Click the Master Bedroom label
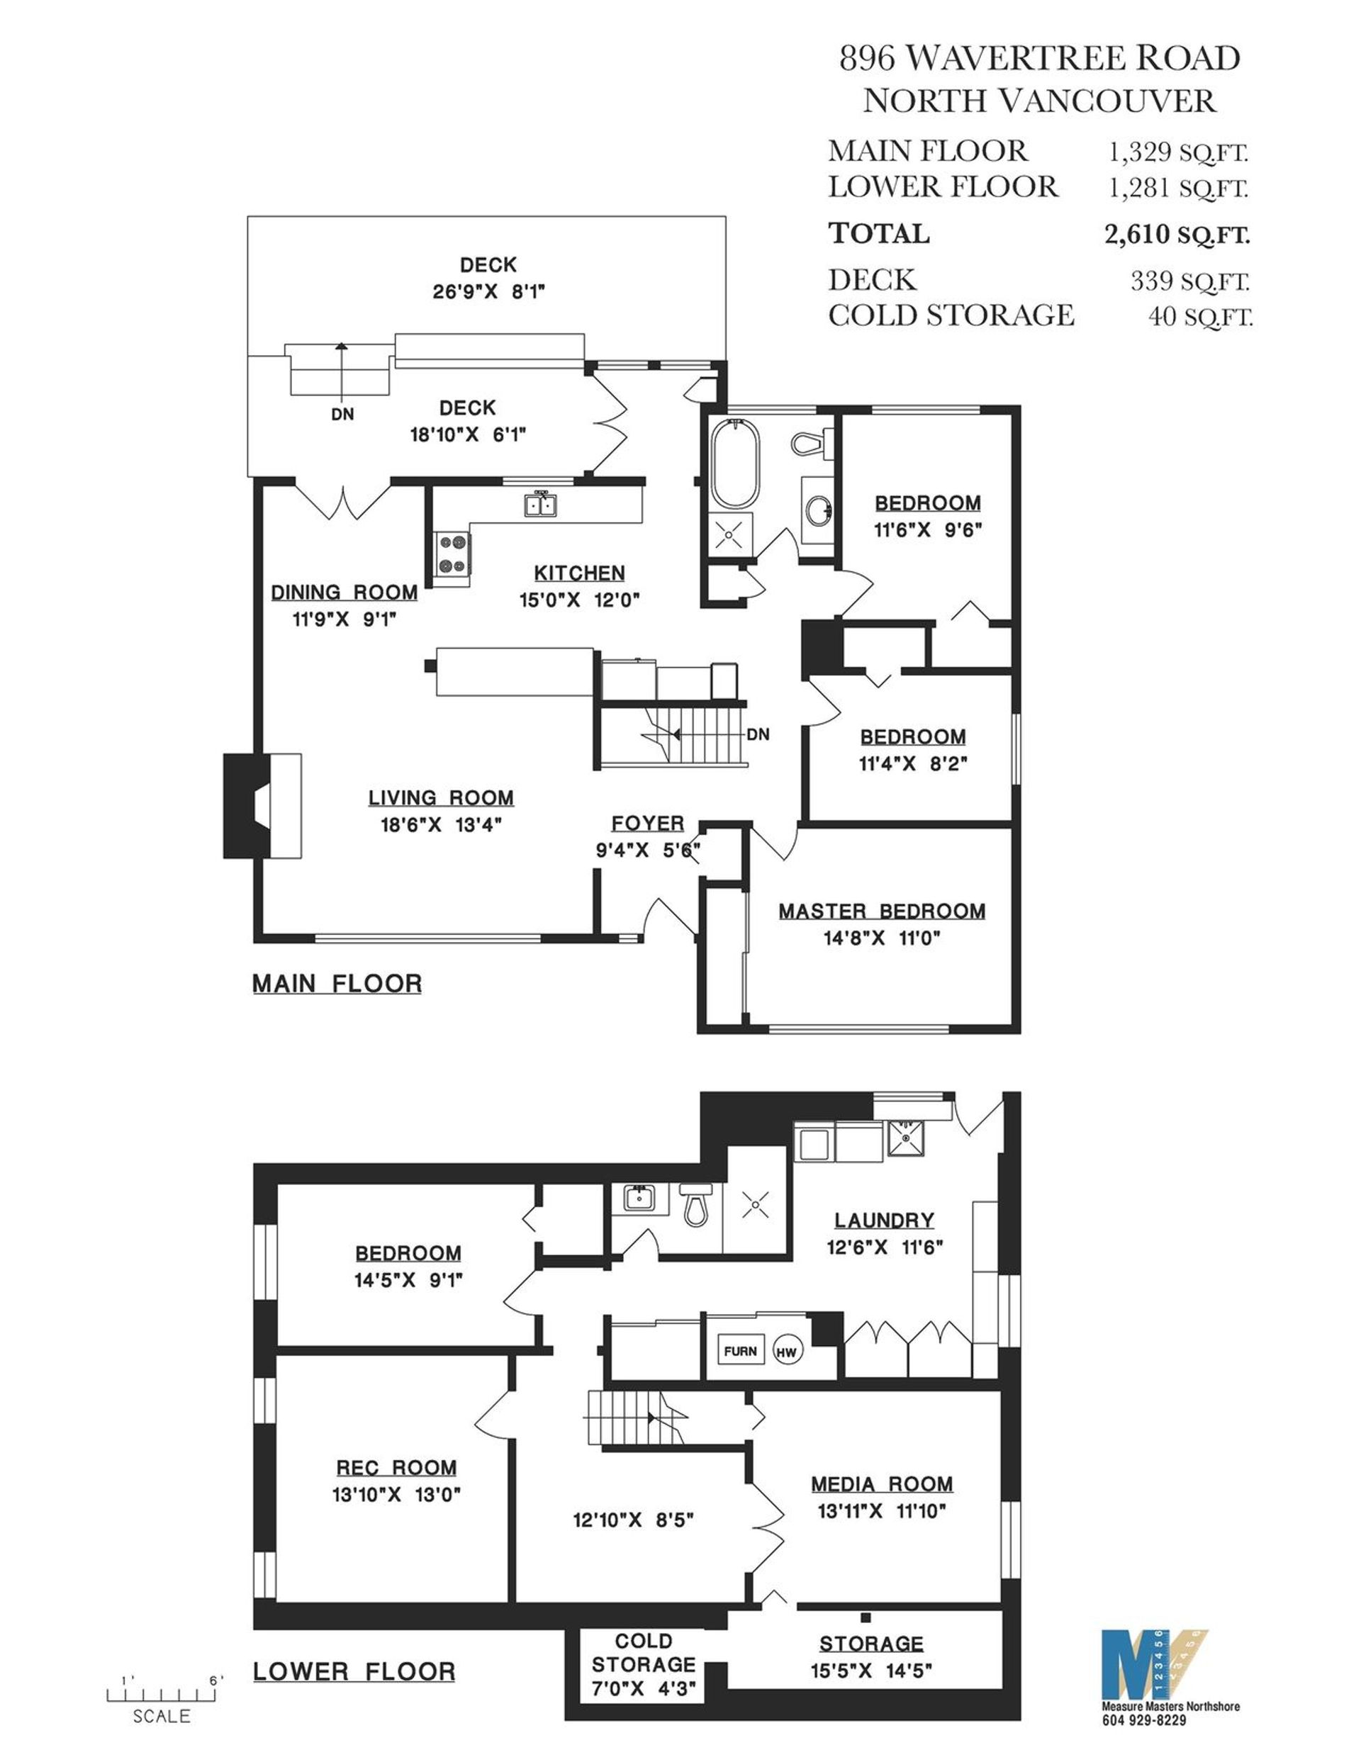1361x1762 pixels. (x=881, y=911)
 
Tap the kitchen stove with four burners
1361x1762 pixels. (x=452, y=554)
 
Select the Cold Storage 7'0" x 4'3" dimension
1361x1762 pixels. (x=643, y=1688)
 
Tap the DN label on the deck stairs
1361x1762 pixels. (x=342, y=415)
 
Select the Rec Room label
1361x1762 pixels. (x=396, y=1468)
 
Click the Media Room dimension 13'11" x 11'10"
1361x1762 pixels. (x=881, y=1510)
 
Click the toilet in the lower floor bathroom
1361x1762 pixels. (x=695, y=1204)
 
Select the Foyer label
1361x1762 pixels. (x=647, y=823)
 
